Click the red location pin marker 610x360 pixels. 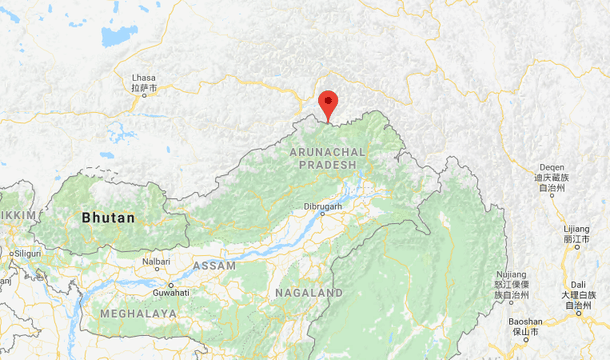pos(328,104)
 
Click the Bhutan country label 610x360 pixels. pos(108,216)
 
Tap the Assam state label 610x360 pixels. pos(213,266)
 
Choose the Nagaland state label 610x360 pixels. pos(308,292)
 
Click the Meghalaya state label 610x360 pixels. pos(138,313)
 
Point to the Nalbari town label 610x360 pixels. pos(155,262)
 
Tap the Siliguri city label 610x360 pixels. pos(26,253)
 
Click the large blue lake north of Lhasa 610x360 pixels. pos(118,36)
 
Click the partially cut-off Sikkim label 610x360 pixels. pos(18,215)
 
